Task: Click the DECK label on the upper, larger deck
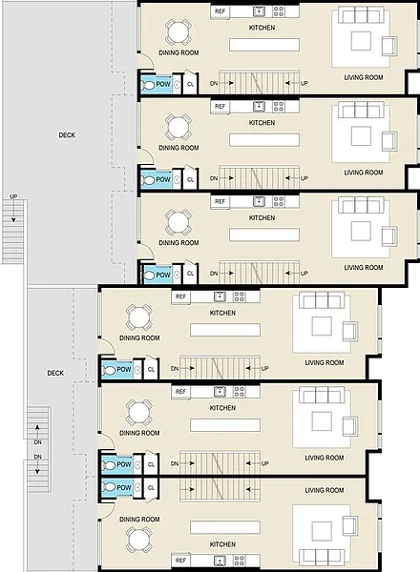click(67, 135)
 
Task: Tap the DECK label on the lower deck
click(55, 373)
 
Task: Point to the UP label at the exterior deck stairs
click(13, 196)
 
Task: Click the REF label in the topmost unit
click(220, 11)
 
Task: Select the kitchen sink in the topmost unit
click(259, 11)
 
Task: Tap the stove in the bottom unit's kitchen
click(240, 561)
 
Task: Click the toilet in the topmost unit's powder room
click(148, 86)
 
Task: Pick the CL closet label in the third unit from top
click(190, 274)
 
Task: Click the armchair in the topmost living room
click(389, 47)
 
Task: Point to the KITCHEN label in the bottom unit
click(222, 544)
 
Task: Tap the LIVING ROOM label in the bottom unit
click(325, 490)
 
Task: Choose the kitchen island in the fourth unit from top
click(225, 330)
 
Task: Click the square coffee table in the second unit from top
click(361, 136)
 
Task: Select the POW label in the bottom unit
click(124, 487)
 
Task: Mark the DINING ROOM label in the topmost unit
click(178, 52)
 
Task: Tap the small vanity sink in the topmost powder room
click(177, 85)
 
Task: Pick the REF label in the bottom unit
click(180, 560)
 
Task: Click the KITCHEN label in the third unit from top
click(262, 217)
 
